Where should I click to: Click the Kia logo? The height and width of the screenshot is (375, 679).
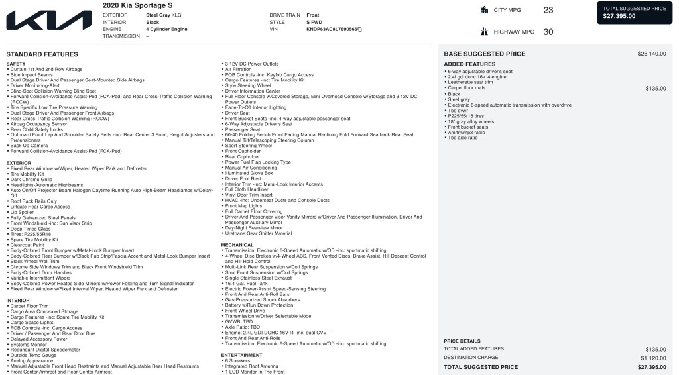(49, 20)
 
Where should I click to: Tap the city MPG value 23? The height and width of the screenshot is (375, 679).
(548, 10)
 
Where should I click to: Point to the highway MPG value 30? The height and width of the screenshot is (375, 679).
(548, 31)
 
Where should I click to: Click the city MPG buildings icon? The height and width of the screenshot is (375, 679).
(484, 10)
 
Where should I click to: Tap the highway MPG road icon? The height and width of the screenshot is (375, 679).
(484, 31)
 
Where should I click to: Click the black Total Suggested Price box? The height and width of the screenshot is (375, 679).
(635, 12)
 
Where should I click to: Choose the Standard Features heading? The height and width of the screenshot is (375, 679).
(42, 54)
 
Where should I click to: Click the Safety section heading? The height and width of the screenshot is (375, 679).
(16, 64)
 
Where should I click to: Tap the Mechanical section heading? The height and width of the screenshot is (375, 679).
(237, 244)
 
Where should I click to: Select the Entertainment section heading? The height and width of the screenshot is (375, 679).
(241, 355)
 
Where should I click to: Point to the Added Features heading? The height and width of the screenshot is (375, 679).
(469, 64)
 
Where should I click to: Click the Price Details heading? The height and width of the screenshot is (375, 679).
(462, 341)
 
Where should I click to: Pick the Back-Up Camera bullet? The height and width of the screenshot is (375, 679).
(29, 146)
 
